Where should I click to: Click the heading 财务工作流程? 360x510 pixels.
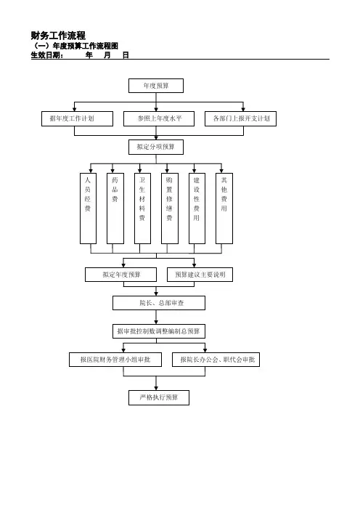click(58, 35)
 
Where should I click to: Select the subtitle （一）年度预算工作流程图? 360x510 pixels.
click(75, 46)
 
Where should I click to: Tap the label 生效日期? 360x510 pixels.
click(46, 55)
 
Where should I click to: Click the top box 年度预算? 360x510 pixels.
click(156, 86)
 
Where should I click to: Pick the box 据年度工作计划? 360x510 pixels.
click(78, 118)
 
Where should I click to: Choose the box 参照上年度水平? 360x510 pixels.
click(159, 118)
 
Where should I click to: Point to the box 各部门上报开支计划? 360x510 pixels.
click(240, 118)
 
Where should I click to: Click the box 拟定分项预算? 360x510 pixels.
click(156, 147)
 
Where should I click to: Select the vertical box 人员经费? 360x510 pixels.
click(88, 209)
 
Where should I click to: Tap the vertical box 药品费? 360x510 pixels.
click(115, 209)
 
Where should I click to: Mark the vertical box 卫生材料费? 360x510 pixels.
click(143, 209)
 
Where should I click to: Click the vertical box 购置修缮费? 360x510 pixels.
click(170, 209)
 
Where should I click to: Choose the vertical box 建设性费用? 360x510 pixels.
click(197, 209)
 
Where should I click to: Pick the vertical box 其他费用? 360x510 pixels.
click(224, 209)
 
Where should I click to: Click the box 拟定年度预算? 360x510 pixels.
click(121, 275)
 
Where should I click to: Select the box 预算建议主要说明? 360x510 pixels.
click(200, 275)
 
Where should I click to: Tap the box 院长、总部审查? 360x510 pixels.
click(159, 303)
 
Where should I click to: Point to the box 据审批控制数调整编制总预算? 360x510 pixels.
click(159, 331)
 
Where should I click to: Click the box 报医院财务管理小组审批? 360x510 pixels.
click(115, 360)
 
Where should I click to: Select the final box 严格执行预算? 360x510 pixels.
click(159, 397)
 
